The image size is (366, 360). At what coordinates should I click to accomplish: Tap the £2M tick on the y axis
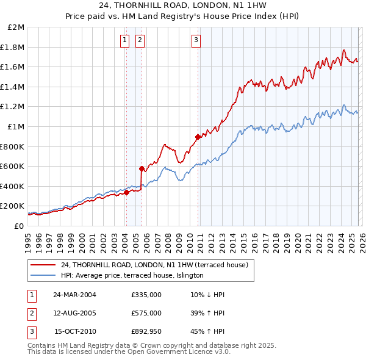[x=16, y=27]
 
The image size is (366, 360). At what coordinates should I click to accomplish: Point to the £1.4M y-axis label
[x=14, y=87]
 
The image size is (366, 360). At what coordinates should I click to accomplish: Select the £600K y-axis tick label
[x=13, y=166]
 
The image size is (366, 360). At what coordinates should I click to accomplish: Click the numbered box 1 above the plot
[x=124, y=41]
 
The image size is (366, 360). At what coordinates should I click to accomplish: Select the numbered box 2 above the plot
[x=140, y=41]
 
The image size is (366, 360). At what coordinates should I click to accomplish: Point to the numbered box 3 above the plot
[x=196, y=41]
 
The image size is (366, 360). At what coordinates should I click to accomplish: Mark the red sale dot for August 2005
[x=142, y=168]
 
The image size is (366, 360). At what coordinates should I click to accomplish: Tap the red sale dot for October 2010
[x=198, y=137]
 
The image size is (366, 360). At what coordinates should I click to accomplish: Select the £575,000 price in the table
[x=146, y=313]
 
